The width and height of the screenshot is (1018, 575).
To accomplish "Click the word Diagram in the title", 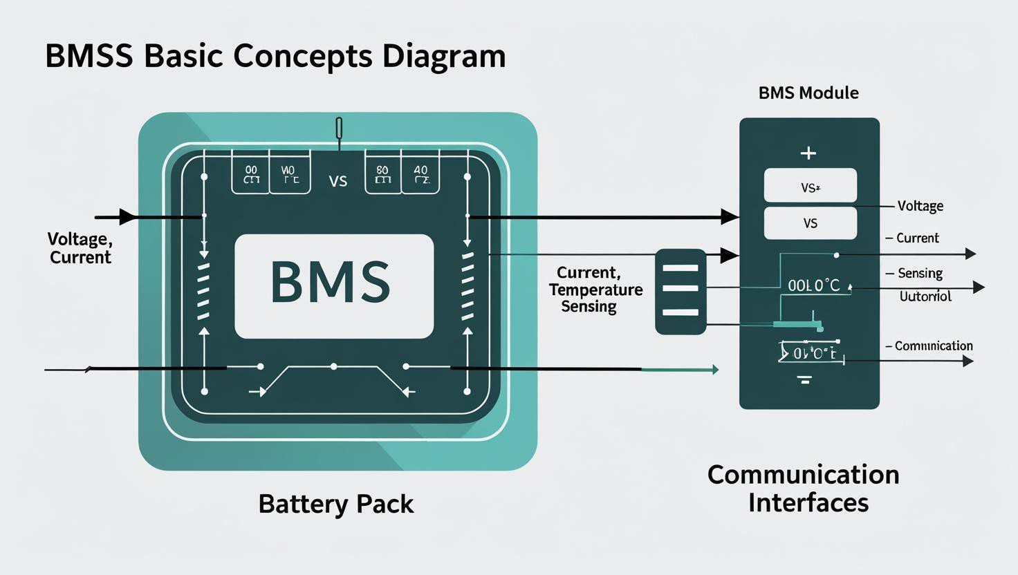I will pyautogui.click(x=444, y=56).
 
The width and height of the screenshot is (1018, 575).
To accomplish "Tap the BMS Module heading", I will pyautogui.click(x=808, y=93).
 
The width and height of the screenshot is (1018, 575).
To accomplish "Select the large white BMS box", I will pyautogui.click(x=334, y=286).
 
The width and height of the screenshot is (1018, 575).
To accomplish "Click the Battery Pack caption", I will pyautogui.click(x=335, y=504).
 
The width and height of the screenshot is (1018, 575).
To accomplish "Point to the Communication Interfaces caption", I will pyautogui.click(x=804, y=489).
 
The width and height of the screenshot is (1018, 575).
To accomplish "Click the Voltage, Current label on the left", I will pyautogui.click(x=80, y=248).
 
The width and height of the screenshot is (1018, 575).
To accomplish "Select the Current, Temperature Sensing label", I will pyautogui.click(x=595, y=290).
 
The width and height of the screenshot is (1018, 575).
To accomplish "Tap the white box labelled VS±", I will pyautogui.click(x=810, y=186).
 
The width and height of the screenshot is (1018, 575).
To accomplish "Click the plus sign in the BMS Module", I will pyautogui.click(x=808, y=153).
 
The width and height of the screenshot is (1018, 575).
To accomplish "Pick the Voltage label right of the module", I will pyautogui.click(x=920, y=206).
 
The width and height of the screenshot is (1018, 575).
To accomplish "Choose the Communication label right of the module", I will pyautogui.click(x=933, y=346).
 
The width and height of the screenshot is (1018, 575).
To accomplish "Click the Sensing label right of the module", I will pyautogui.click(x=920, y=273).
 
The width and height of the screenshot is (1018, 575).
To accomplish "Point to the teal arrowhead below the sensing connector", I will pyautogui.click(x=714, y=370).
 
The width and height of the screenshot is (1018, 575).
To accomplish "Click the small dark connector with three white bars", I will pyautogui.click(x=681, y=292).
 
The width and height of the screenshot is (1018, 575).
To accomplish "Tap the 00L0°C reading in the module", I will pyautogui.click(x=814, y=285).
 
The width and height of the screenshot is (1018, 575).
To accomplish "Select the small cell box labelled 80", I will pyautogui.click(x=382, y=173).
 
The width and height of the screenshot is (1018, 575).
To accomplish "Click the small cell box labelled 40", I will pyautogui.click(x=420, y=173).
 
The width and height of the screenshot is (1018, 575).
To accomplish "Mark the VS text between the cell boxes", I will pyautogui.click(x=337, y=182).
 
